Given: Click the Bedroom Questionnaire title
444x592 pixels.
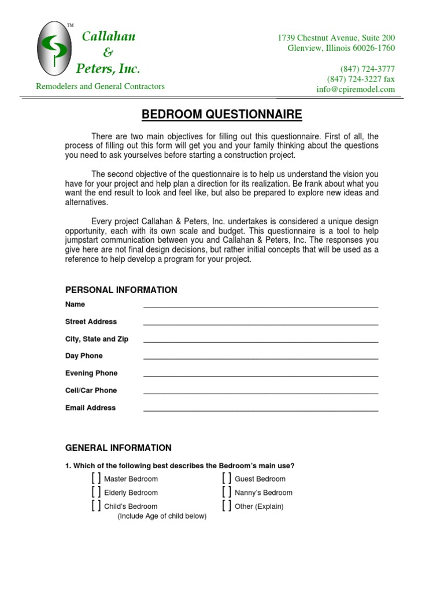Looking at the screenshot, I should (222, 115).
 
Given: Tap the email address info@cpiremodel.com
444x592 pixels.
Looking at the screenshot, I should (356, 90).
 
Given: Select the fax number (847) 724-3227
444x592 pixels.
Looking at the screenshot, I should (361, 79).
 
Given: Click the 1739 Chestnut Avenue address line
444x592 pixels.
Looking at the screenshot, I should (336, 38).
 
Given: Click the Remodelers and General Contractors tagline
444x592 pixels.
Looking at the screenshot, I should (101, 87).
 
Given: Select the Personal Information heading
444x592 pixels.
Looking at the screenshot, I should (121, 290).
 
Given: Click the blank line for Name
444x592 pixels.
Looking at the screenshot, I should (261, 306).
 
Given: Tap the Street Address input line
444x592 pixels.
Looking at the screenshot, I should (261, 323).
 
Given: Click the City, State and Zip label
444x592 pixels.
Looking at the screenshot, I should (97, 339).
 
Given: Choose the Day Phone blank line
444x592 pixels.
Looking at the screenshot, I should (261, 357).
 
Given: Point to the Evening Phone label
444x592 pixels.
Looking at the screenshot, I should (91, 373).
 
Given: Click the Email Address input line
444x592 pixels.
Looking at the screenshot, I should (261, 409).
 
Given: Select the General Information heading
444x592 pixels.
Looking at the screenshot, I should (119, 447).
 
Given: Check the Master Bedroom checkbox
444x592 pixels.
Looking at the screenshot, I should (96, 478).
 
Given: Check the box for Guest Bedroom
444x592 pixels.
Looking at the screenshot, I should (227, 478).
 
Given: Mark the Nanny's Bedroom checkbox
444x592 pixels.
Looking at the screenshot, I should (227, 492).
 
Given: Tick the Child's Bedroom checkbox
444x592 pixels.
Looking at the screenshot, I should (96, 506).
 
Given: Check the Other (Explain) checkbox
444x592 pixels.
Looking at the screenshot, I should (227, 506).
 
